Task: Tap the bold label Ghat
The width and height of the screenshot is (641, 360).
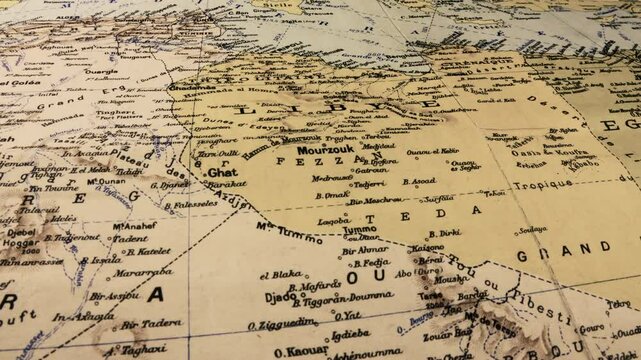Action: pos(222,172)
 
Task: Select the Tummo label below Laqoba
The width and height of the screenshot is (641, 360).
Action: pos(360,230)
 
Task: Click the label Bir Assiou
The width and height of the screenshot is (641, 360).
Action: pos(114,296)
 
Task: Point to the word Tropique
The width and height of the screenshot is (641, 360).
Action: pos(544,184)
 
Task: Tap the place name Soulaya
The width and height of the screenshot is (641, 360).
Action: pos(532,230)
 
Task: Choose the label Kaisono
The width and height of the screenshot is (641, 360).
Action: pos(428,247)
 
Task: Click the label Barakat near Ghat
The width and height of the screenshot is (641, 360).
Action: pos(228,185)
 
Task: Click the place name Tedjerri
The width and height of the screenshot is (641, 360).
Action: pos(369,185)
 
